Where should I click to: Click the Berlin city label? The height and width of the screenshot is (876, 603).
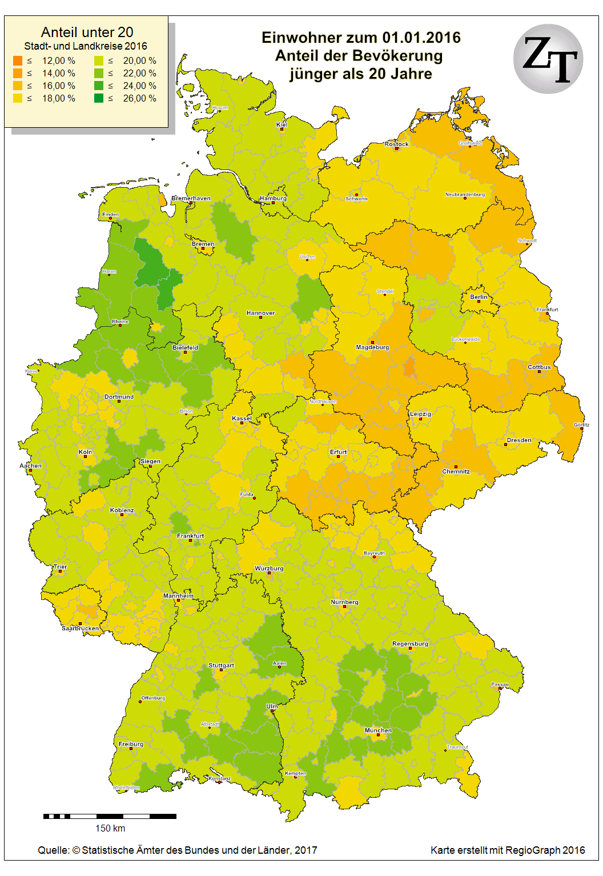click(x=479, y=297)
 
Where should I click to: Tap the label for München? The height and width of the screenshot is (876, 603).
click(x=378, y=730)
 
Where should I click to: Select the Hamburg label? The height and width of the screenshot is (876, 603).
click(x=273, y=198)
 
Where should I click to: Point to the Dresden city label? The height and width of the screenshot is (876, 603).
click(x=519, y=440)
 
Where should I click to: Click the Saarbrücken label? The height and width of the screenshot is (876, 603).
click(x=80, y=628)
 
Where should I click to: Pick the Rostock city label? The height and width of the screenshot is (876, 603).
click(x=396, y=144)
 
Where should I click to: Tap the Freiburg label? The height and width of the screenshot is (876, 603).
click(x=131, y=744)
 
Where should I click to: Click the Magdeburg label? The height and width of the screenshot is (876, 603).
click(x=372, y=347)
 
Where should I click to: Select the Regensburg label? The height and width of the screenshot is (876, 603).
click(x=410, y=644)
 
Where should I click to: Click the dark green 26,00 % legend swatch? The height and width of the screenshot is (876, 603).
click(x=99, y=98)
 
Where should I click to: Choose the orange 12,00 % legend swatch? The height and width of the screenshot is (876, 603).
click(x=18, y=60)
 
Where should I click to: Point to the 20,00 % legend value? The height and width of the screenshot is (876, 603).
click(x=139, y=60)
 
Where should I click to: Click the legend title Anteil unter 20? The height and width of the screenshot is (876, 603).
click(x=87, y=32)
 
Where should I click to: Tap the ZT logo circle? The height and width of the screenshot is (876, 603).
click(x=548, y=59)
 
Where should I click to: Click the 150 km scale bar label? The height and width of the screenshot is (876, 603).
click(x=110, y=828)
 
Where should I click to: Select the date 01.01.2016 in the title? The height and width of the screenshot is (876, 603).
click(x=421, y=38)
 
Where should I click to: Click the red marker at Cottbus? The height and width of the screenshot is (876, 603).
click(x=539, y=372)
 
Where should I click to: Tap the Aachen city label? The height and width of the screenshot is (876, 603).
click(x=30, y=465)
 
